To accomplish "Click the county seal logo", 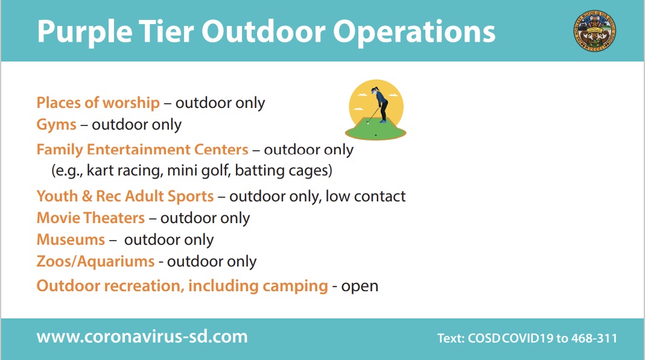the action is coord(595,31).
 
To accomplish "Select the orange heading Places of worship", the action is coord(98,103).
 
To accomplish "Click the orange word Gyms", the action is coord(56,125).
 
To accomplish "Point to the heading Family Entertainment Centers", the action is coord(142,149).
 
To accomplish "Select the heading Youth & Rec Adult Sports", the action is coord(125,197).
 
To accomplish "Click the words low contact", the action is coord(365,197).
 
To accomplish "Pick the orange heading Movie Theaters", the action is coord(91,218).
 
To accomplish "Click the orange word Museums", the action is coord(71,239).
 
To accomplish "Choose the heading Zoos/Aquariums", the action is coord(95,261).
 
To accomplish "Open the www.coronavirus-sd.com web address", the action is coord(142,336).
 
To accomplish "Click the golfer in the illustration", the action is coord(380,104).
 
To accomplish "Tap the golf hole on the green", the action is coord(375,135).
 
